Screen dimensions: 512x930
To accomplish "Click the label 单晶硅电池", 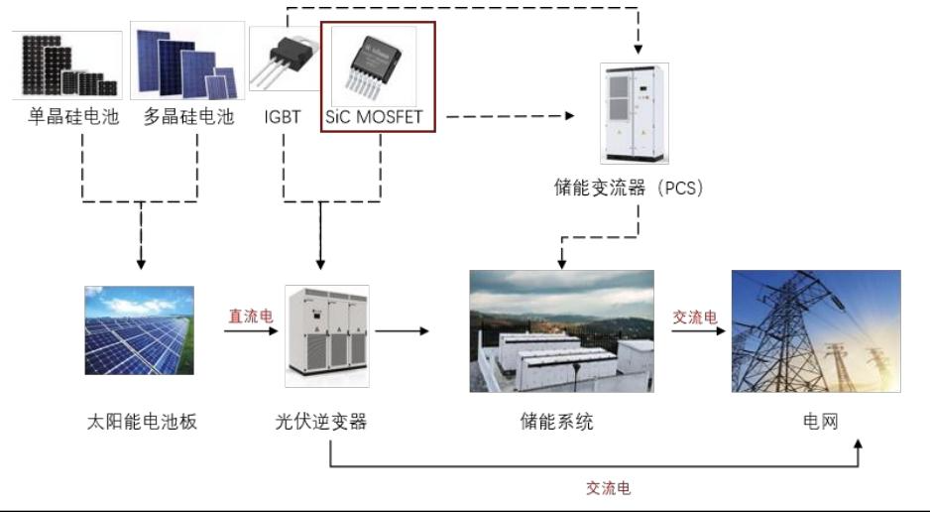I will coord(72,117).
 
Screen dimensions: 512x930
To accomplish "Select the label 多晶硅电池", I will coord(188,117).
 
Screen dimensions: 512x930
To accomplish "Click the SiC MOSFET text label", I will coord(375,117).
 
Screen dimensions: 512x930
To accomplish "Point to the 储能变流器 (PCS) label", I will coord(629,188).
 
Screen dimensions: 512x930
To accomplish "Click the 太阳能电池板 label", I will coord(141,422).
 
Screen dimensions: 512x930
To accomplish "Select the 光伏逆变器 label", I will coord(321,422).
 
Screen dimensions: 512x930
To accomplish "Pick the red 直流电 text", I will coord(249,316).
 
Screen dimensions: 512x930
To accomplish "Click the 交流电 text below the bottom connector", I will coord(608,488).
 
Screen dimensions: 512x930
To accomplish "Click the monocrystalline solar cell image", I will coord(68,65).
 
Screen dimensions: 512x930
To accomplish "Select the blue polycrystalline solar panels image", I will coord(187,62).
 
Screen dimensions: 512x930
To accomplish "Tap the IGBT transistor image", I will coord(286,62).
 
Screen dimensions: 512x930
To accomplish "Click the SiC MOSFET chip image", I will coord(375,64).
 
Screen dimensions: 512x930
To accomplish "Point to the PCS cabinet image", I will coord(635,113).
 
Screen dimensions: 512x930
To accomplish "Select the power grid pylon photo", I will coord(815,330).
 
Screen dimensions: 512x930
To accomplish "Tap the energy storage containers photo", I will coord(561,330).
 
